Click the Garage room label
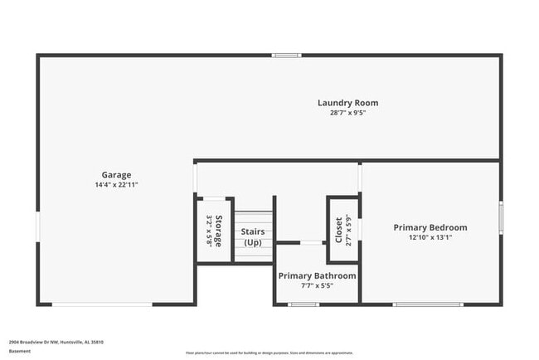tap(117, 175)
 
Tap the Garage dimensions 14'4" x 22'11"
tap(117, 185)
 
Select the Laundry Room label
tap(347, 103)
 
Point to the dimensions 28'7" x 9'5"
tap(347, 113)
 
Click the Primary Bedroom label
tap(430, 227)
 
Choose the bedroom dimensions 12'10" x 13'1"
tap(430, 237)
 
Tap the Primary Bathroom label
tap(318, 275)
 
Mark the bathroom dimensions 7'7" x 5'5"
tap(318, 285)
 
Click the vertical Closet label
tap(338, 229)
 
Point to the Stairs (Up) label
tap(253, 236)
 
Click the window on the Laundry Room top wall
tap(285, 56)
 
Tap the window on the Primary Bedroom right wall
tap(500, 218)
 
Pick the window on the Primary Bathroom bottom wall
tap(303, 304)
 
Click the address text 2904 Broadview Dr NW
tap(56, 341)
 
